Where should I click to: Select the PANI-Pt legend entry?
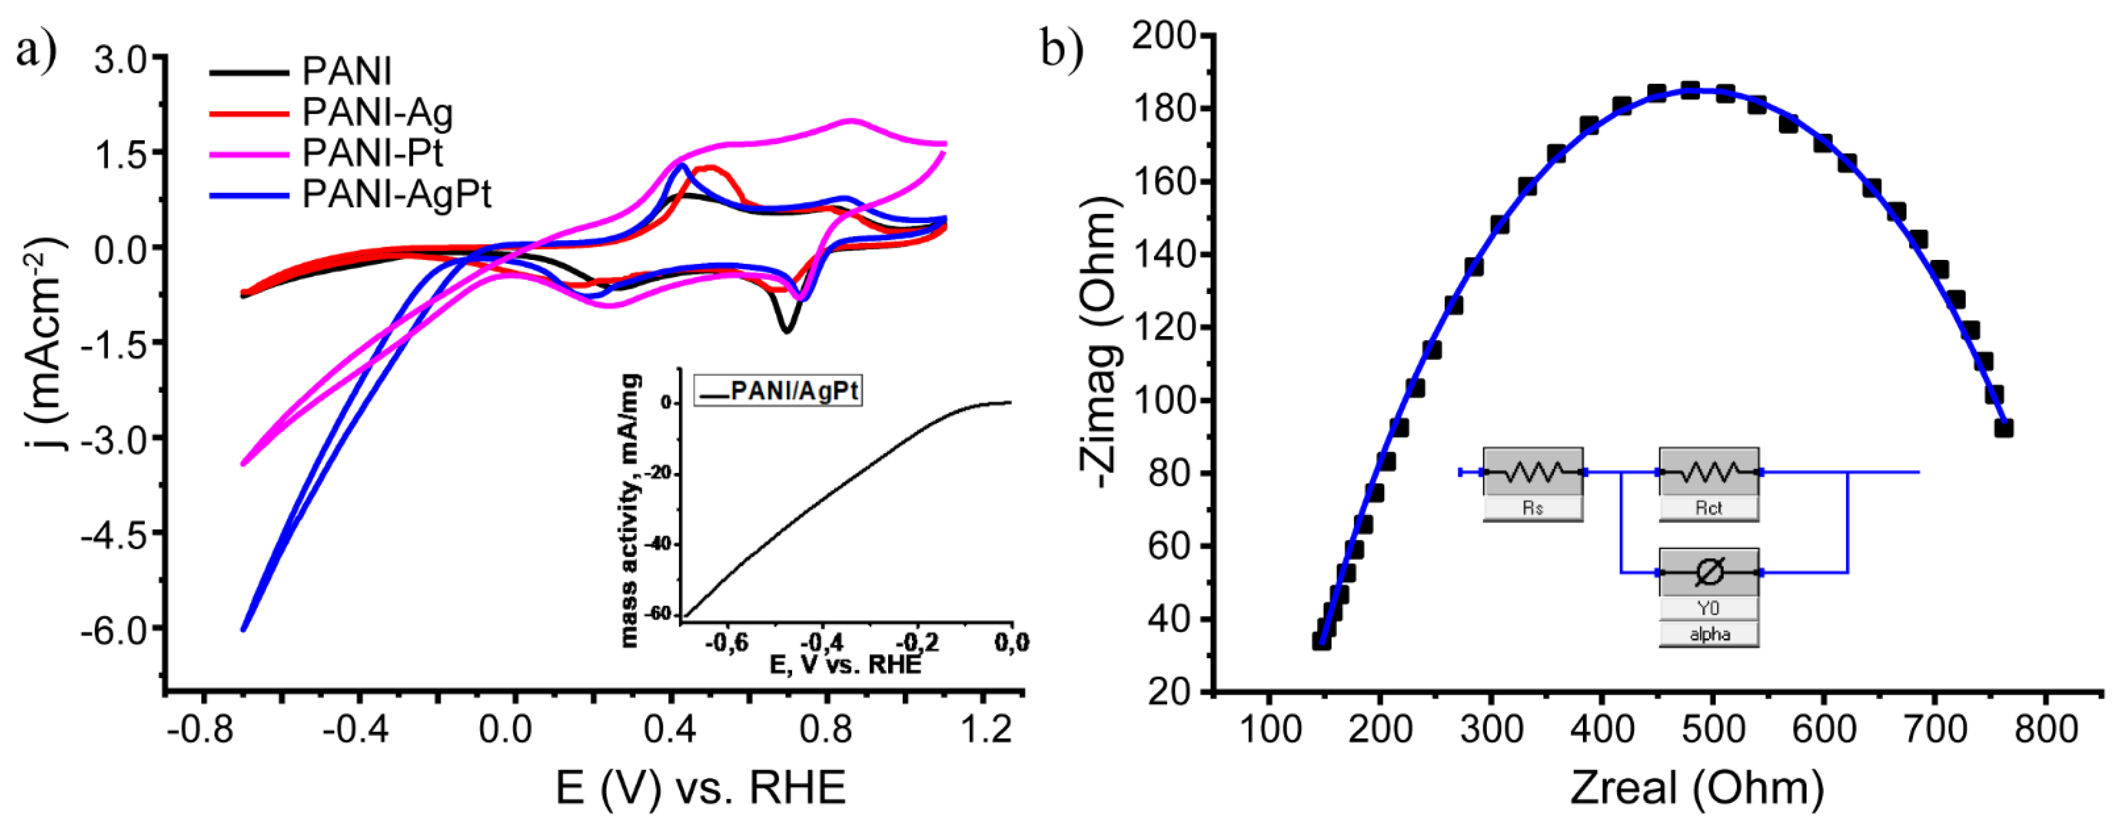tap(372, 153)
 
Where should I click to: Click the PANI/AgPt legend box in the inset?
tap(778, 391)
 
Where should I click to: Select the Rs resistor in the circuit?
tap(1532, 473)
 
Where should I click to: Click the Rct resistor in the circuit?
tap(1708, 473)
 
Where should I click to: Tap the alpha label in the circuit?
tap(1708, 635)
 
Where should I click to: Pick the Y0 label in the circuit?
tap(1708, 609)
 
